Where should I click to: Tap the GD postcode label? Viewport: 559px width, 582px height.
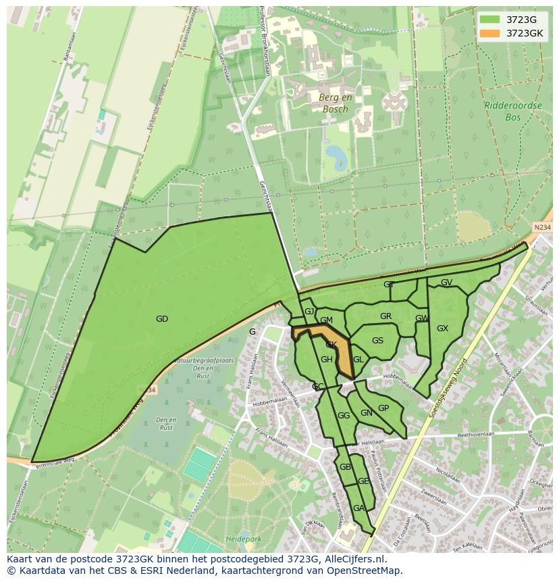[x=161, y=319]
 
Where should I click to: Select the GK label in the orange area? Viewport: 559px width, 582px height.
[x=331, y=345]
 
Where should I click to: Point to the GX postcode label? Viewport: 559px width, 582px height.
[x=442, y=329]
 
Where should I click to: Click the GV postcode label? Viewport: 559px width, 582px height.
[x=446, y=283]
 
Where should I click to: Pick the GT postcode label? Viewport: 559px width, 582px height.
[x=389, y=285]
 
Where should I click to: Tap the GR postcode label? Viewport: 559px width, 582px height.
[x=385, y=316]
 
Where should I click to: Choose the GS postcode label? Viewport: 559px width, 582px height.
[x=377, y=341]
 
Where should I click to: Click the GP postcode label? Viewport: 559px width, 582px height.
[x=383, y=408]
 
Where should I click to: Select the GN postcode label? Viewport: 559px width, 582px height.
[x=366, y=413]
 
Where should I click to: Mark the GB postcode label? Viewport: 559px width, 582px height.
[x=345, y=467]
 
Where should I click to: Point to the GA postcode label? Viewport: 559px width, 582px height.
[x=358, y=508]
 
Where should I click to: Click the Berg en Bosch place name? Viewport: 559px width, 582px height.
[x=334, y=103]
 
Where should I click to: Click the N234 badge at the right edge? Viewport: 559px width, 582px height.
[x=541, y=228]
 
